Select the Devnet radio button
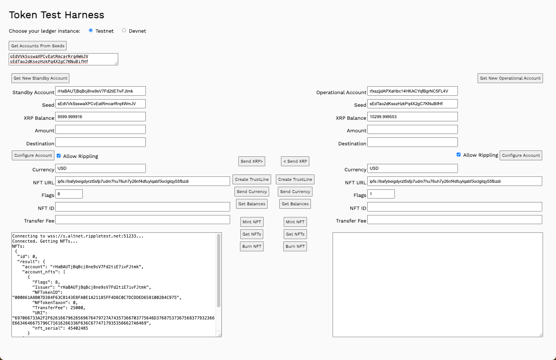pos(124,30)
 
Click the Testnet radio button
pos(91,30)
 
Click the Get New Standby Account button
pos(40,78)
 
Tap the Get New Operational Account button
pos(510,78)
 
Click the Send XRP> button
pos(252,161)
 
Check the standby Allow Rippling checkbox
pos(59,156)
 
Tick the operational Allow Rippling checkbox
pos(459,154)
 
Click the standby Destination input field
pos(100,142)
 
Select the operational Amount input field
pos(412,129)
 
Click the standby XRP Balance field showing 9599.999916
pos(100,117)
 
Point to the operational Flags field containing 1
pos(381,194)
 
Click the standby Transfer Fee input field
pos(143,219)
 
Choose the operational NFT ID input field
pos(454,207)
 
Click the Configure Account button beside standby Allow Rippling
pos(33,155)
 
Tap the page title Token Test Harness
pos(57,15)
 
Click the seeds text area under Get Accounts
pos(63,59)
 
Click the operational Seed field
pos(412,104)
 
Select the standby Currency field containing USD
pos(100,168)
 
